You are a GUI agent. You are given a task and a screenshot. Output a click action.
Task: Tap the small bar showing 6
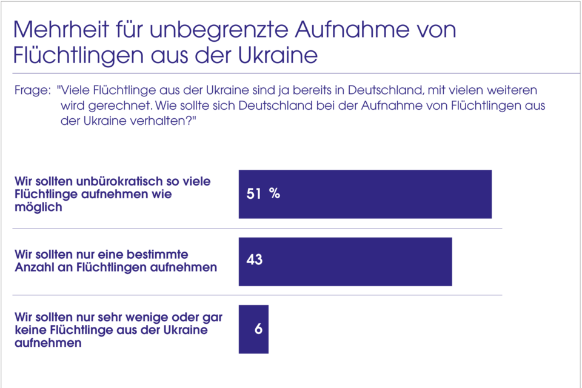coord(254,329)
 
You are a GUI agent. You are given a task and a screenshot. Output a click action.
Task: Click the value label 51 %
coord(263,193)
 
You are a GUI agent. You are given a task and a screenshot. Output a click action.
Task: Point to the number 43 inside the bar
coord(255,259)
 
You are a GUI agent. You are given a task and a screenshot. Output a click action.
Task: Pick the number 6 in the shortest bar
coord(258,330)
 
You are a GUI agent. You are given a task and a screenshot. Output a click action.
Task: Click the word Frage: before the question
coord(32,90)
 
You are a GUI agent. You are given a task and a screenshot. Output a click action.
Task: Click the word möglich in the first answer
coord(38,207)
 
